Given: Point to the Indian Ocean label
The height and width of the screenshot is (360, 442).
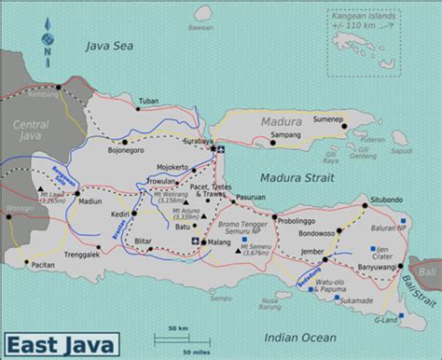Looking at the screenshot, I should (x=299, y=338).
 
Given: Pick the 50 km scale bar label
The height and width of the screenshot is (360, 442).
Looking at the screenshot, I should (x=179, y=328).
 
